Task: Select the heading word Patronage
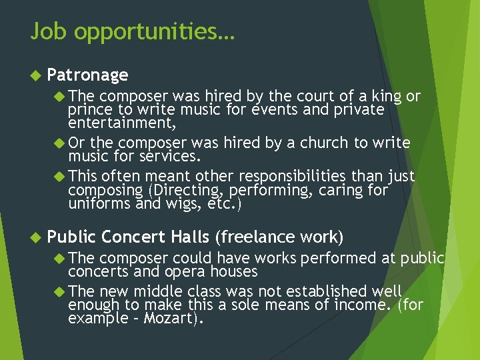pyautogui.click(x=88, y=75)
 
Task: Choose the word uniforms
pyautogui.click(x=98, y=204)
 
